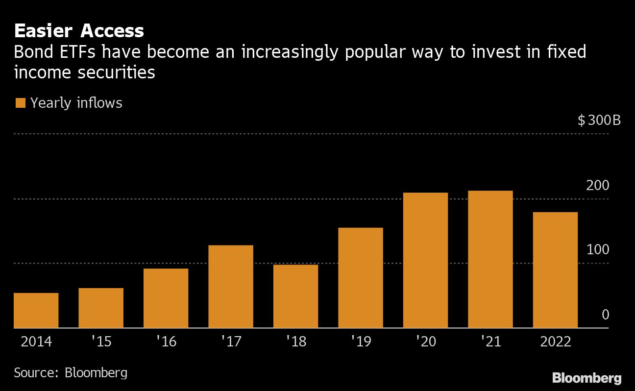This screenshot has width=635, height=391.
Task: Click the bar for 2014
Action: pyautogui.click(x=36, y=310)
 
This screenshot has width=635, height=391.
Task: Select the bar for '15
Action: pyautogui.click(x=101, y=308)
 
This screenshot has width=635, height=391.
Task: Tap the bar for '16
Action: pyautogui.click(x=166, y=298)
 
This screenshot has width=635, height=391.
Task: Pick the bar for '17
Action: pyautogui.click(x=231, y=286)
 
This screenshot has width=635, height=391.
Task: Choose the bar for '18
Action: pyautogui.click(x=295, y=296)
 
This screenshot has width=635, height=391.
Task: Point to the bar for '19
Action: pyautogui.click(x=361, y=277)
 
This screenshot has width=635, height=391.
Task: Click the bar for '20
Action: pyautogui.click(x=425, y=260)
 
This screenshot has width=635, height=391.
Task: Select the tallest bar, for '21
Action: pyautogui.click(x=490, y=259)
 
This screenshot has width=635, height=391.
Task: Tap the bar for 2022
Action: pyautogui.click(x=555, y=270)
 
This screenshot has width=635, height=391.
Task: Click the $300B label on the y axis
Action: pyautogui.click(x=599, y=120)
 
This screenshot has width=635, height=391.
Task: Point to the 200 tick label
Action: pyautogui.click(x=598, y=186)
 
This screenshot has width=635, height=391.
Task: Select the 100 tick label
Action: pyautogui.click(x=598, y=250)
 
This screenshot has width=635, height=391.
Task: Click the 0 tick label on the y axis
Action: pyautogui.click(x=605, y=315)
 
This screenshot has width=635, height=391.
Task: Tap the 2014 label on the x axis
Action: pyautogui.click(x=36, y=342)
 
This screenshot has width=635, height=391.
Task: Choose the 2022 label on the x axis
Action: pyautogui.click(x=556, y=342)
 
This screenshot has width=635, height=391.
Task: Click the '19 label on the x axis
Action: pyautogui.click(x=361, y=342)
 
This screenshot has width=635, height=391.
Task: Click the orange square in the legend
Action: pyautogui.click(x=20, y=103)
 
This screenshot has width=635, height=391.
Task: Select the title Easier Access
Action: pyautogui.click(x=79, y=31)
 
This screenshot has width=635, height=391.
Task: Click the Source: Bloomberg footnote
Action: pyautogui.click(x=71, y=372)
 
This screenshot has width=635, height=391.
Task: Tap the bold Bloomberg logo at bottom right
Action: pyautogui.click(x=586, y=378)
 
